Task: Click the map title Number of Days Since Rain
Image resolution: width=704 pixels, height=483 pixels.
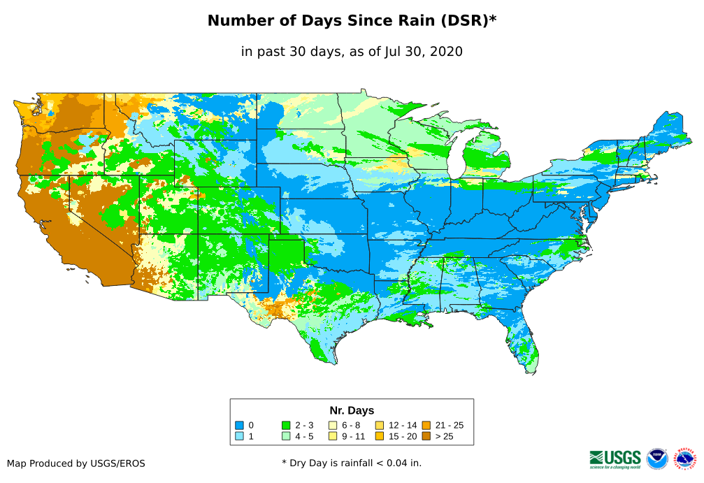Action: (x=352, y=21)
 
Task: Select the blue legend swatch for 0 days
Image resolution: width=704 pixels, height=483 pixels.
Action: (x=239, y=425)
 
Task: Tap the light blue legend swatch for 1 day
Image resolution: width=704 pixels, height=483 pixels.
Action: (x=239, y=436)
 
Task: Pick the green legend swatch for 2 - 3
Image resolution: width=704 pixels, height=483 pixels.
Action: (x=286, y=425)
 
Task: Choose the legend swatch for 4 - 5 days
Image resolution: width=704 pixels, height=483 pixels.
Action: (x=286, y=436)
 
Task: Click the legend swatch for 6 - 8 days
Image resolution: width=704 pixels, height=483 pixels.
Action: (x=333, y=425)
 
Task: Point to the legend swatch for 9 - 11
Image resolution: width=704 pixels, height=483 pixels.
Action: (x=333, y=436)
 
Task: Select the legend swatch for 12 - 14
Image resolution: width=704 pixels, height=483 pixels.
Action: (x=380, y=425)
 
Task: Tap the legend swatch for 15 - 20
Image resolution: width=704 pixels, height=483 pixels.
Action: (x=380, y=436)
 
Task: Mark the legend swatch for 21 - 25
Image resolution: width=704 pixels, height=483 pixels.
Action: (x=426, y=425)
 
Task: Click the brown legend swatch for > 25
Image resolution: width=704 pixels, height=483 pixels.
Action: (x=426, y=436)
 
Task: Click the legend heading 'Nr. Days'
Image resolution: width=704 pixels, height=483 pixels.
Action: (x=352, y=410)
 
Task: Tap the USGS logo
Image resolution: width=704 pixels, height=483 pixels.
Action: (x=615, y=459)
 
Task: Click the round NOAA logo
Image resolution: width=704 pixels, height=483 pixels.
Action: (x=657, y=459)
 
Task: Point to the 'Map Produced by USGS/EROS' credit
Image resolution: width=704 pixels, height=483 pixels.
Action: (x=76, y=463)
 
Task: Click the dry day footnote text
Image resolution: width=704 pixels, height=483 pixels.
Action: (x=352, y=463)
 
